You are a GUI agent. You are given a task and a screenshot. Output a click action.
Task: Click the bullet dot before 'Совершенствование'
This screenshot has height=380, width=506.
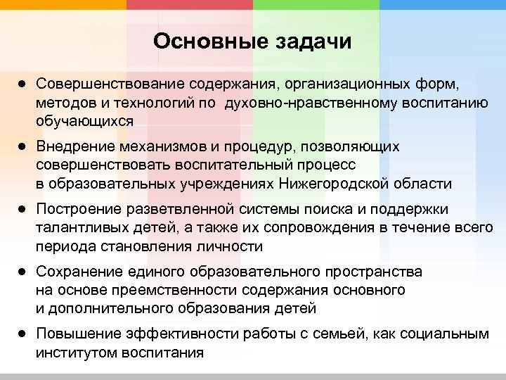click(22, 84)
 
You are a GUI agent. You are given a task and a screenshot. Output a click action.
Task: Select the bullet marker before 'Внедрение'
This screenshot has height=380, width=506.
click(22, 147)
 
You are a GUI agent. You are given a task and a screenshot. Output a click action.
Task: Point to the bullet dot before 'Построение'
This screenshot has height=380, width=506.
click(22, 209)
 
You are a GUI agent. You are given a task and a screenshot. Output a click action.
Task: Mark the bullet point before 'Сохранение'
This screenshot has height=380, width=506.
click(22, 271)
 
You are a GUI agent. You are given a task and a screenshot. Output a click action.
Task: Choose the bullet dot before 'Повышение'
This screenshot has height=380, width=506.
click(22, 334)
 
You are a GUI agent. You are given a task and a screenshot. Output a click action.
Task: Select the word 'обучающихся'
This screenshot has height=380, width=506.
click(84, 121)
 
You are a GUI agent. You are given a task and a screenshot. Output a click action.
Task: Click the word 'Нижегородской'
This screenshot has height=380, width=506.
click(335, 184)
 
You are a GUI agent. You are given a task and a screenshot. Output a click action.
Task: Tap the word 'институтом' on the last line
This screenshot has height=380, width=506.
click(76, 353)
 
